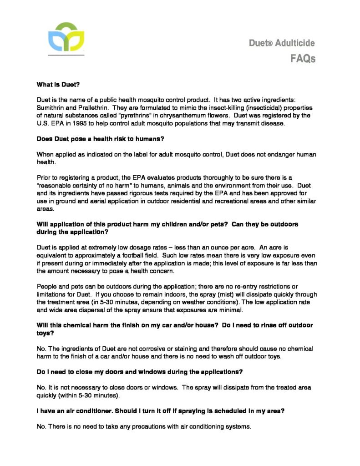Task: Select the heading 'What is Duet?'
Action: (58, 84)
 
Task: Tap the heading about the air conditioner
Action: (161, 411)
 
